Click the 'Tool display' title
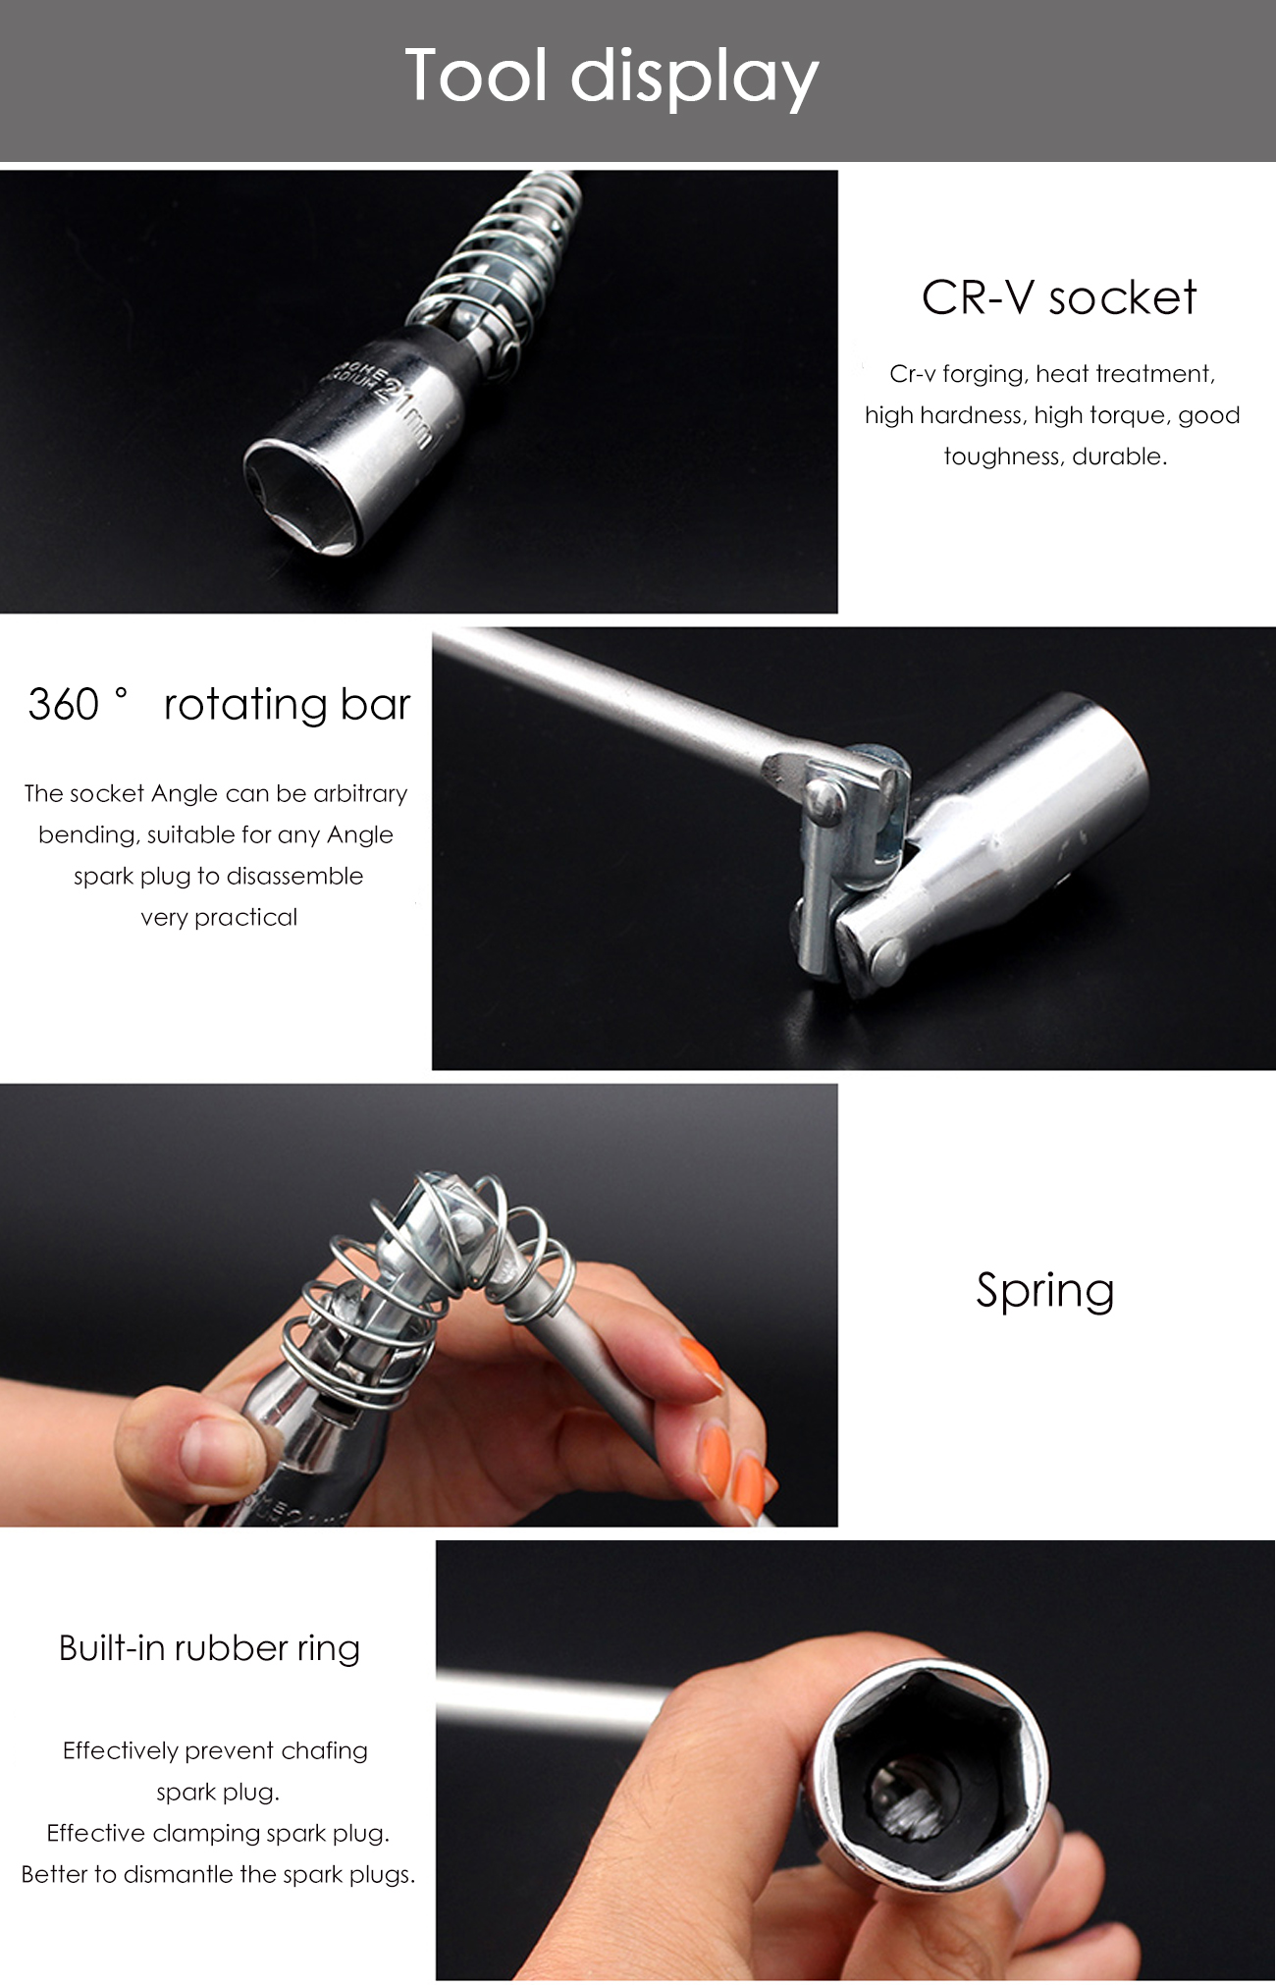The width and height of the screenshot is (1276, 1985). (x=611, y=77)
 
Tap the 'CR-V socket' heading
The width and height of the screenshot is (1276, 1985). (x=1058, y=297)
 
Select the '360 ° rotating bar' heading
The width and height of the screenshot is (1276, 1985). (x=219, y=704)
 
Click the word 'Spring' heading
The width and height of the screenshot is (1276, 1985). (x=1044, y=1290)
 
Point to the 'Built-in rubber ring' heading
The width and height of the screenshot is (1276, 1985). (x=209, y=1647)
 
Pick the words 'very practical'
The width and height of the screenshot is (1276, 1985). (x=219, y=917)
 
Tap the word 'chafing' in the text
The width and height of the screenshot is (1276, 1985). (x=324, y=1750)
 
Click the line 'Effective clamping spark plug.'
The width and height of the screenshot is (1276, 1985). (x=218, y=1833)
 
